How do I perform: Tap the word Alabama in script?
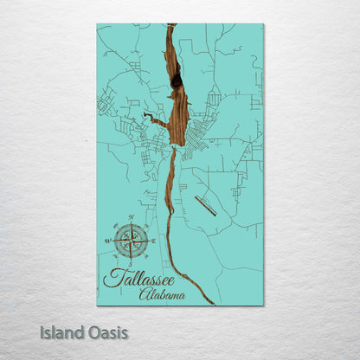coord(162,295)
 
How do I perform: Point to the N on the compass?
coord(131,216)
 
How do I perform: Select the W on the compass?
coord(108,241)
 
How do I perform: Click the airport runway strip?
coord(206,205)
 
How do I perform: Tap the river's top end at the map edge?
coord(171,26)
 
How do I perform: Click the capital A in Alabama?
coord(143,295)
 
